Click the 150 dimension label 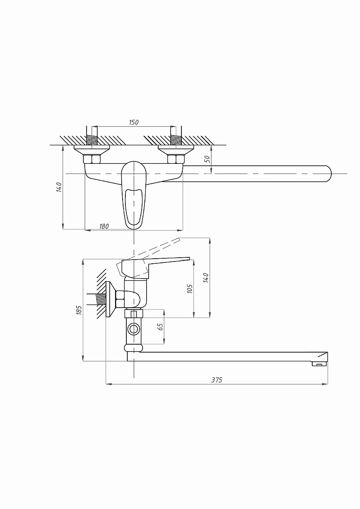tap(134, 122)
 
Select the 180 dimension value tap(104, 226)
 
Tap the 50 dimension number tap(207, 159)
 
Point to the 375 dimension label tap(217, 380)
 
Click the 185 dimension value tap(79, 310)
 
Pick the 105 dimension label tap(190, 289)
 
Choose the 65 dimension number tap(160, 327)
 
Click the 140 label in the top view tap(59, 187)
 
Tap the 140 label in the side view tap(206, 278)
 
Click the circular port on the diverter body tap(133, 329)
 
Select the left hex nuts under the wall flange tap(92, 159)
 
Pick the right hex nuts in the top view tap(176, 159)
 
